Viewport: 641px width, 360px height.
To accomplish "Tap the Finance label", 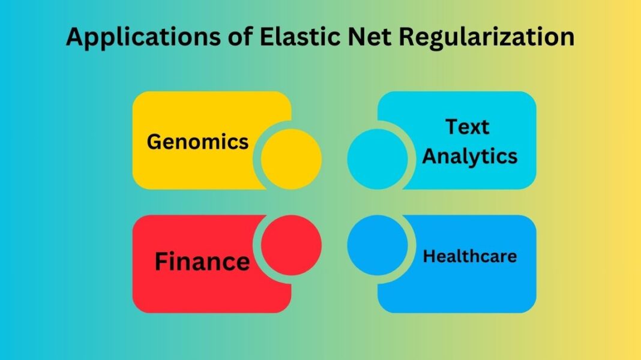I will click(202, 262).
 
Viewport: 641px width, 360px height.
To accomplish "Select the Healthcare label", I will click(470, 256).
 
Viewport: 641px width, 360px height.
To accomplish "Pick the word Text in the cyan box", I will click(467, 127).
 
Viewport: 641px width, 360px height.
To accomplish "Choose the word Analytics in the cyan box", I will click(470, 156).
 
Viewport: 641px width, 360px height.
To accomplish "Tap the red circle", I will click(292, 245).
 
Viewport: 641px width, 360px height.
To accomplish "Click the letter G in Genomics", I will click(155, 142).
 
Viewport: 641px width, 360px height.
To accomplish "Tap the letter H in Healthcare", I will click(429, 256).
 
